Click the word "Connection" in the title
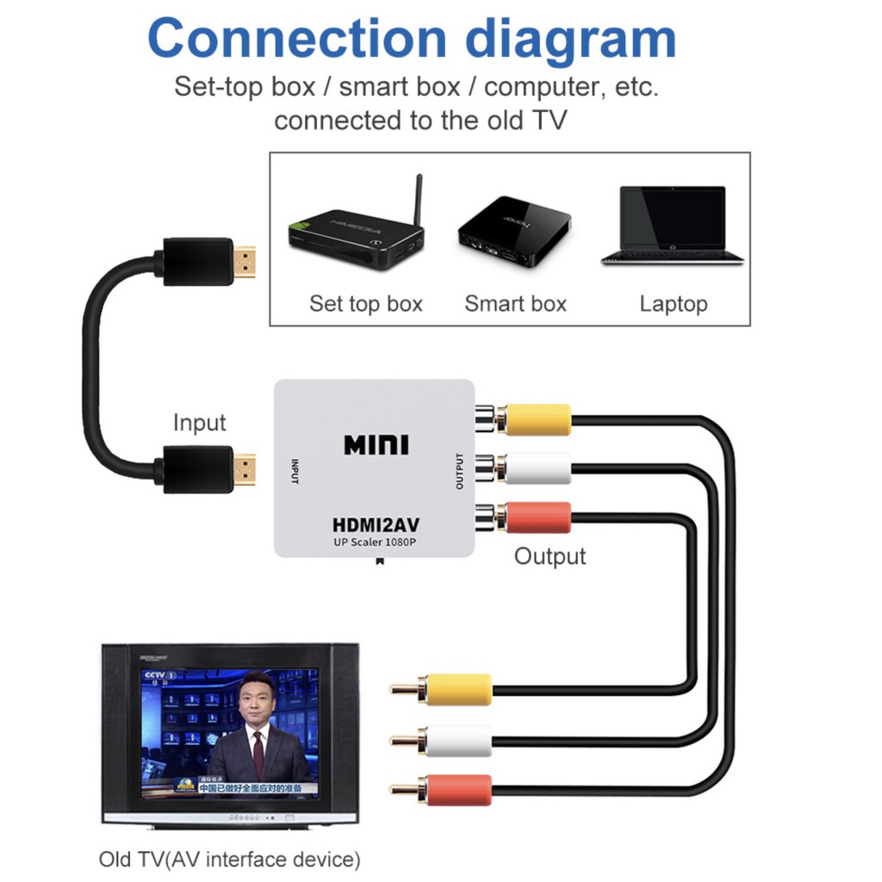pos(297,38)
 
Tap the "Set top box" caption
pos(366,303)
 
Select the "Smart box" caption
pos(515,303)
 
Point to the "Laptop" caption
pos(673,303)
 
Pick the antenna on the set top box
pos(418,202)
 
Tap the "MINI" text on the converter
pos(376,444)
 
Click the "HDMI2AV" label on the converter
pos(376,524)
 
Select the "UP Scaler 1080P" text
pos(376,543)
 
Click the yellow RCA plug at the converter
pos(537,419)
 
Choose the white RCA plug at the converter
pos(537,469)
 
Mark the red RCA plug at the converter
pos(537,518)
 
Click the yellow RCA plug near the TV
pos(457,689)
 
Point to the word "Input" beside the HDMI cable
pos(199,423)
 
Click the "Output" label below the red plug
pos(550,556)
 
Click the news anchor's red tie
pos(258,755)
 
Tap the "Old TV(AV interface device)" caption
pos(228,859)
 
